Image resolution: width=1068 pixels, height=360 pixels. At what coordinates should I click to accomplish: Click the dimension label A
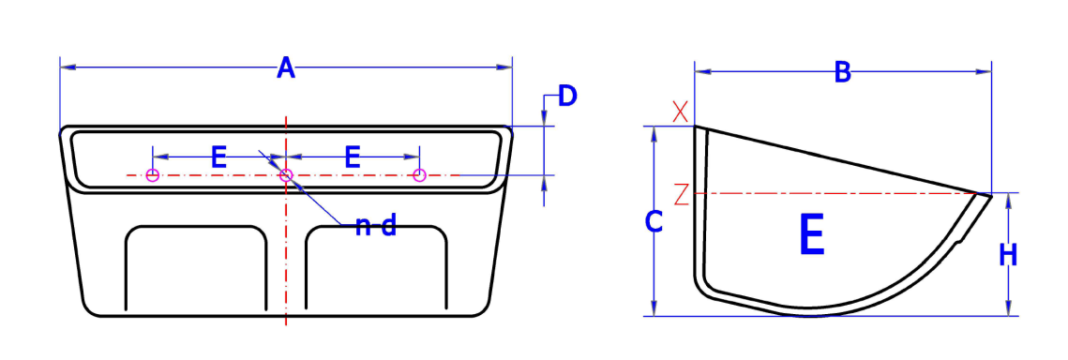tap(286, 68)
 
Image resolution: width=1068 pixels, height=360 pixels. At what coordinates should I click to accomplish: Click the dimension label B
tap(842, 72)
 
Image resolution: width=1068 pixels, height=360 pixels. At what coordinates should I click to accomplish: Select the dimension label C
tap(654, 222)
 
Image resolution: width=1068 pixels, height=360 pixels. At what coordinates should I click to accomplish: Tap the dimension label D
tap(567, 96)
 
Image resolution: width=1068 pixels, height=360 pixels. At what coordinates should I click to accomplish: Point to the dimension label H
tap(1008, 255)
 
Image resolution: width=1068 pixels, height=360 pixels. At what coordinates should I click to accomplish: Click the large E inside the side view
tap(811, 235)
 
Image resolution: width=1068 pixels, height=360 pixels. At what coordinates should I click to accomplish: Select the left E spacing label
tap(218, 157)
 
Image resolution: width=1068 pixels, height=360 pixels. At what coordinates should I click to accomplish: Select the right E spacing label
tap(353, 157)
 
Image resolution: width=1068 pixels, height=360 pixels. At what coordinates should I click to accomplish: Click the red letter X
tap(681, 112)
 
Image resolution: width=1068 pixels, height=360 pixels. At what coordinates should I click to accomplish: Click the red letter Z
tap(681, 194)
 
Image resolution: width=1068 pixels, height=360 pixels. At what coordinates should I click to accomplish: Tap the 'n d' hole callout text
tap(375, 226)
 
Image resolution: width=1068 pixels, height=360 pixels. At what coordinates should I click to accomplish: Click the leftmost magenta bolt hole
tap(153, 175)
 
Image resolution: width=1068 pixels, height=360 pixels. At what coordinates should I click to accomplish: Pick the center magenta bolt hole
tap(287, 175)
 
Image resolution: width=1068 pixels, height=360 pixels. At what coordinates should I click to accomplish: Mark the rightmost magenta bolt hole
tap(420, 175)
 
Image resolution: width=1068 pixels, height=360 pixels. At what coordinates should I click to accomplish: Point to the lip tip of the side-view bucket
tap(988, 195)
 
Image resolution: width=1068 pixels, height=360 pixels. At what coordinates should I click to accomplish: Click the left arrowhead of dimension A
tap(65, 67)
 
